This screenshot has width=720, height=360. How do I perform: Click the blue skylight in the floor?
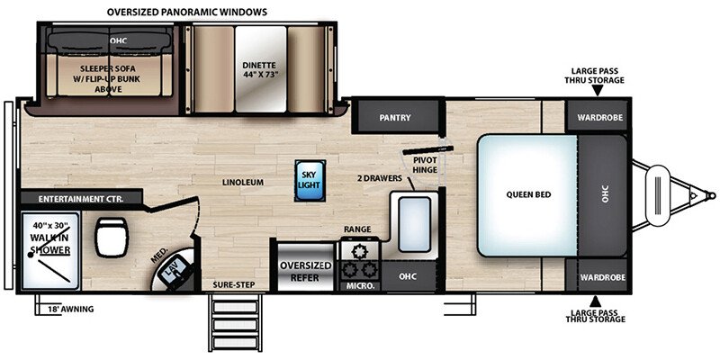(x=310, y=181)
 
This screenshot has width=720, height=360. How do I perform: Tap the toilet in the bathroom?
(x=112, y=238)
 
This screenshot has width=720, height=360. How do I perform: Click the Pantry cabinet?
(x=395, y=117)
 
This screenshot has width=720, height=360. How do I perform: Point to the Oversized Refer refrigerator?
(x=306, y=267)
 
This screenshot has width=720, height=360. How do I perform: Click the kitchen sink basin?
(x=414, y=224)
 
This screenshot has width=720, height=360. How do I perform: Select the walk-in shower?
(x=49, y=250)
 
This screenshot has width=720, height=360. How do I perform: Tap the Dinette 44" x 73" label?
(x=260, y=69)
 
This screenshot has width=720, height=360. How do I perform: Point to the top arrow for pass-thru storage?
(x=597, y=91)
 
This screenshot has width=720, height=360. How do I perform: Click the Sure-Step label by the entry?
(x=234, y=284)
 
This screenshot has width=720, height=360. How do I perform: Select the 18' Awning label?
(x=70, y=310)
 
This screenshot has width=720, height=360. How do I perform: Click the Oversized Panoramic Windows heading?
(x=187, y=12)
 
